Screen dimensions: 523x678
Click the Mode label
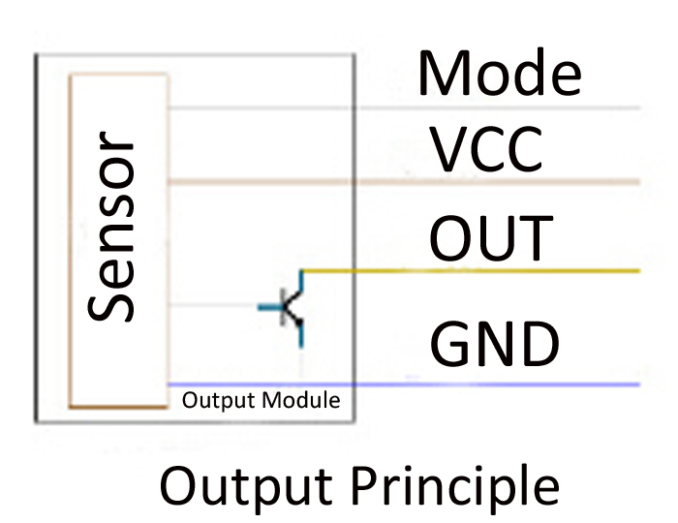pos(499,73)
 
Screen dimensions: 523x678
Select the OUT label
pos(491,239)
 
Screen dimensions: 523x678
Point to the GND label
pos(495,344)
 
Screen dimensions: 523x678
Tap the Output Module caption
pos(261,400)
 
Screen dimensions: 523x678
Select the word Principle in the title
pos(454,486)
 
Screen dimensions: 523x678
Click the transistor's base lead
pos(271,308)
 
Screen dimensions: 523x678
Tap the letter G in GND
pos(449,344)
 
